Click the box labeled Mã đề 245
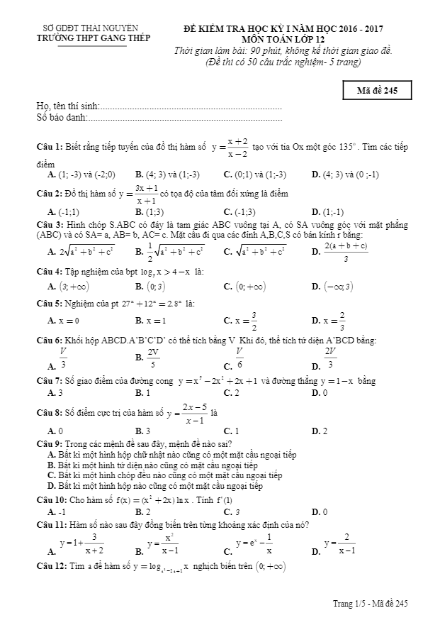coord(376,89)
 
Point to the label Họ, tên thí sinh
coord(68,106)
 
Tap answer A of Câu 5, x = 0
coord(68,320)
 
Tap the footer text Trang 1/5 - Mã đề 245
coord(371,604)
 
